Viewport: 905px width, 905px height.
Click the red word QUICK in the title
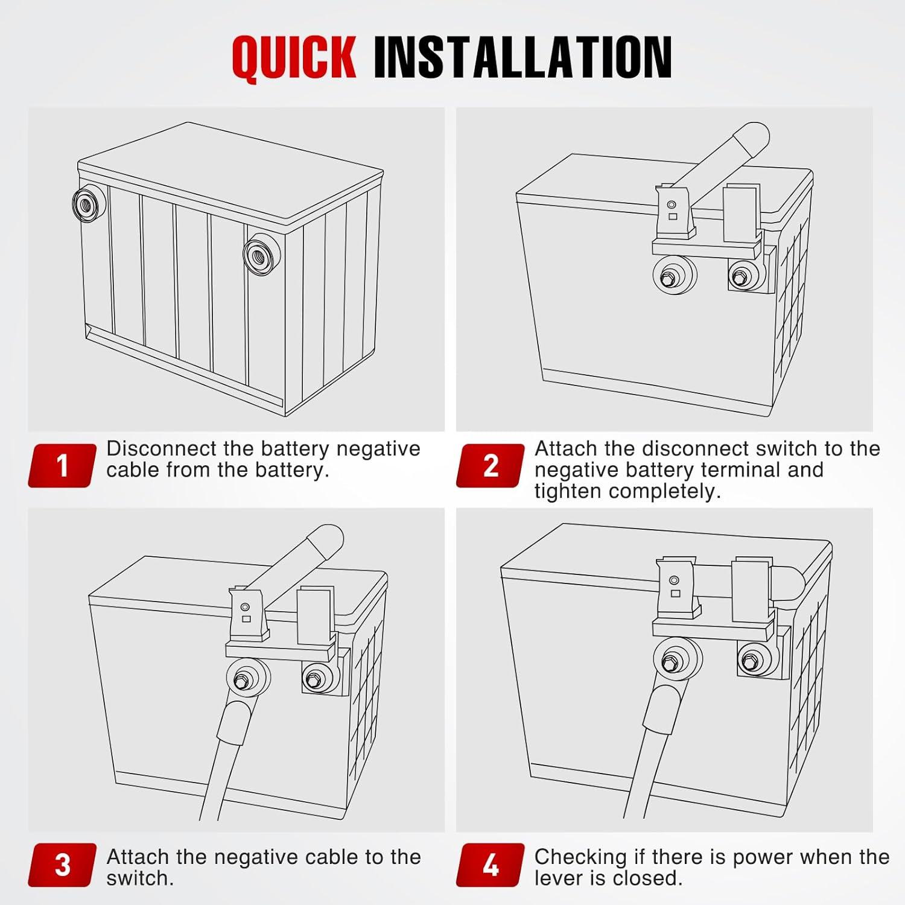click(x=294, y=57)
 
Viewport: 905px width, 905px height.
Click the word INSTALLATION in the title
click(x=522, y=57)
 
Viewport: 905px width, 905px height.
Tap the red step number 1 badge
click(x=62, y=465)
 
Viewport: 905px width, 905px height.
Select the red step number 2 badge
click(x=491, y=465)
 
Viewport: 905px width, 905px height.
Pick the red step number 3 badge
click(x=62, y=865)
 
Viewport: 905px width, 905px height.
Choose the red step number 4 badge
click(x=491, y=865)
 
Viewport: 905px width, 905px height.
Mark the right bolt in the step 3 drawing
click(x=313, y=679)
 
